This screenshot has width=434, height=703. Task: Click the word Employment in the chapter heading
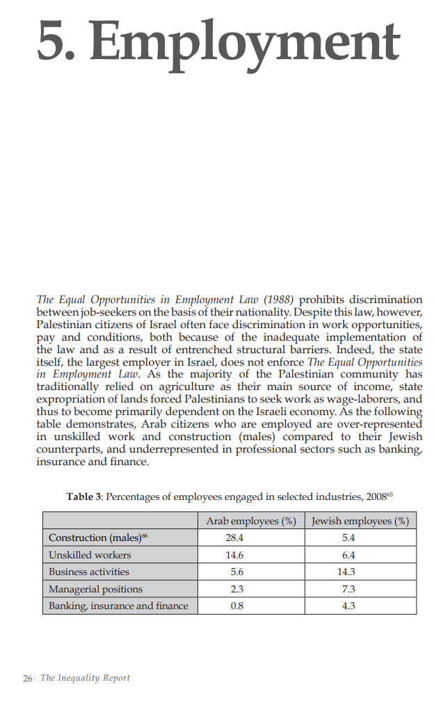pyautogui.click(x=246, y=40)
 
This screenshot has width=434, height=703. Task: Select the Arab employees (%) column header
pyautogui.click(x=251, y=521)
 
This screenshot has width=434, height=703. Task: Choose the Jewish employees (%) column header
pyautogui.click(x=360, y=521)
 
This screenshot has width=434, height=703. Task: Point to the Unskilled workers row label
pyautogui.click(x=90, y=555)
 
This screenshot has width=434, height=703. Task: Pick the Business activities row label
pyautogui.click(x=89, y=572)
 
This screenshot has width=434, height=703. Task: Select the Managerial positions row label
pyautogui.click(x=95, y=589)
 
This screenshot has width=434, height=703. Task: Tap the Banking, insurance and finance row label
pyautogui.click(x=118, y=606)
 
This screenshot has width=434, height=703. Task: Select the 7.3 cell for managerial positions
pyautogui.click(x=349, y=589)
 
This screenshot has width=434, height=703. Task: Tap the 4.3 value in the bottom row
pyautogui.click(x=349, y=606)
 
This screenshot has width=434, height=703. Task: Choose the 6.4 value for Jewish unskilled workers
pyautogui.click(x=349, y=555)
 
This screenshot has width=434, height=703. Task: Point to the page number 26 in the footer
pyautogui.click(x=28, y=678)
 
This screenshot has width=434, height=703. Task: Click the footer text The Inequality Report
pyautogui.click(x=85, y=678)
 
